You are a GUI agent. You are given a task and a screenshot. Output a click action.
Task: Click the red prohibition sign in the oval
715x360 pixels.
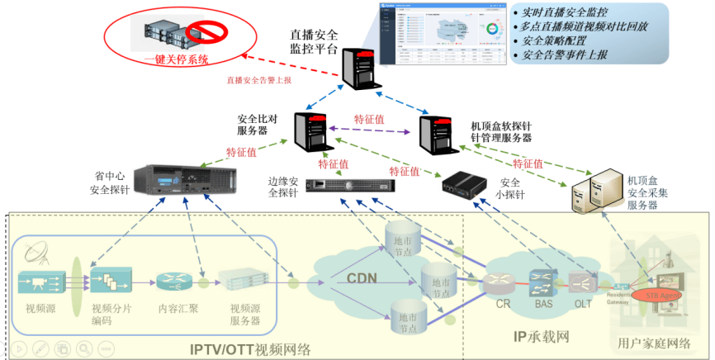pyautogui.click(x=201, y=34)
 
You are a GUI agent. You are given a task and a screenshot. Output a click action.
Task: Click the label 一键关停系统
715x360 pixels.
pyautogui.click(x=176, y=59)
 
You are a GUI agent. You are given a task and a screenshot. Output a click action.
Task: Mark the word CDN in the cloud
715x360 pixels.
pyautogui.click(x=361, y=278)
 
